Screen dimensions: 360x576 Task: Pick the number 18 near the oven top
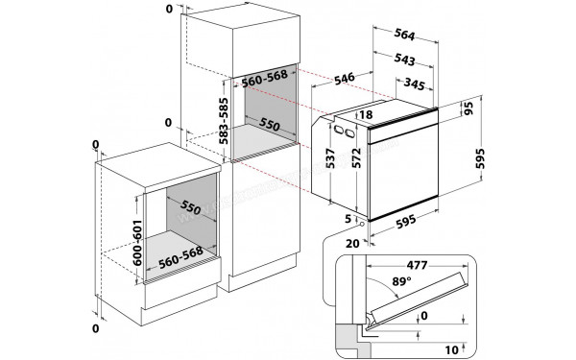(x=364, y=114)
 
